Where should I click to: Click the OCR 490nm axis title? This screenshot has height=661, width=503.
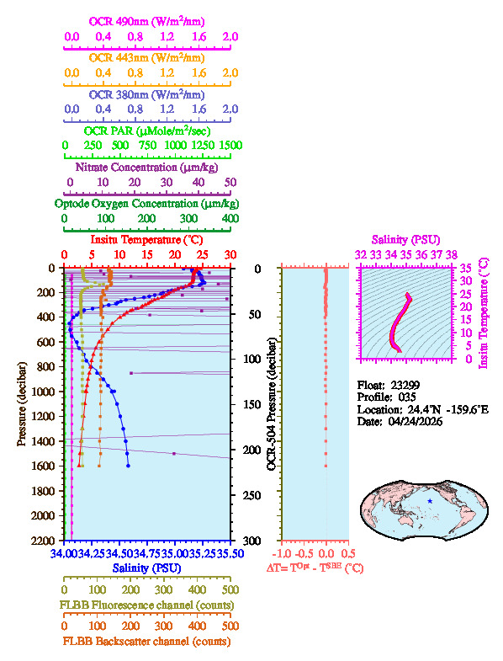click(147, 20)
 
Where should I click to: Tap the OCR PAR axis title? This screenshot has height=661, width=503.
click(147, 131)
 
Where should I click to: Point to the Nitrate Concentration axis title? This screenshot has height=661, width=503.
click(147, 167)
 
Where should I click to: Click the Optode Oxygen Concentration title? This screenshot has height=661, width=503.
click(147, 204)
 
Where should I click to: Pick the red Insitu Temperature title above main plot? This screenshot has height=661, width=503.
click(147, 241)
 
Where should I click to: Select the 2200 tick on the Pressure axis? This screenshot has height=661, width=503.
click(49, 540)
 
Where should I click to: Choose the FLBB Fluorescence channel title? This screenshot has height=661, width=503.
click(147, 605)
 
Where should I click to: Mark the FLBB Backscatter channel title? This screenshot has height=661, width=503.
click(147, 642)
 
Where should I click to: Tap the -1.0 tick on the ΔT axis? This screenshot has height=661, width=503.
click(283, 554)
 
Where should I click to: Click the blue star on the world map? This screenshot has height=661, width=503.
click(430, 501)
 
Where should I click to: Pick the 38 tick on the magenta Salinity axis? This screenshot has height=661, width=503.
click(452, 253)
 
